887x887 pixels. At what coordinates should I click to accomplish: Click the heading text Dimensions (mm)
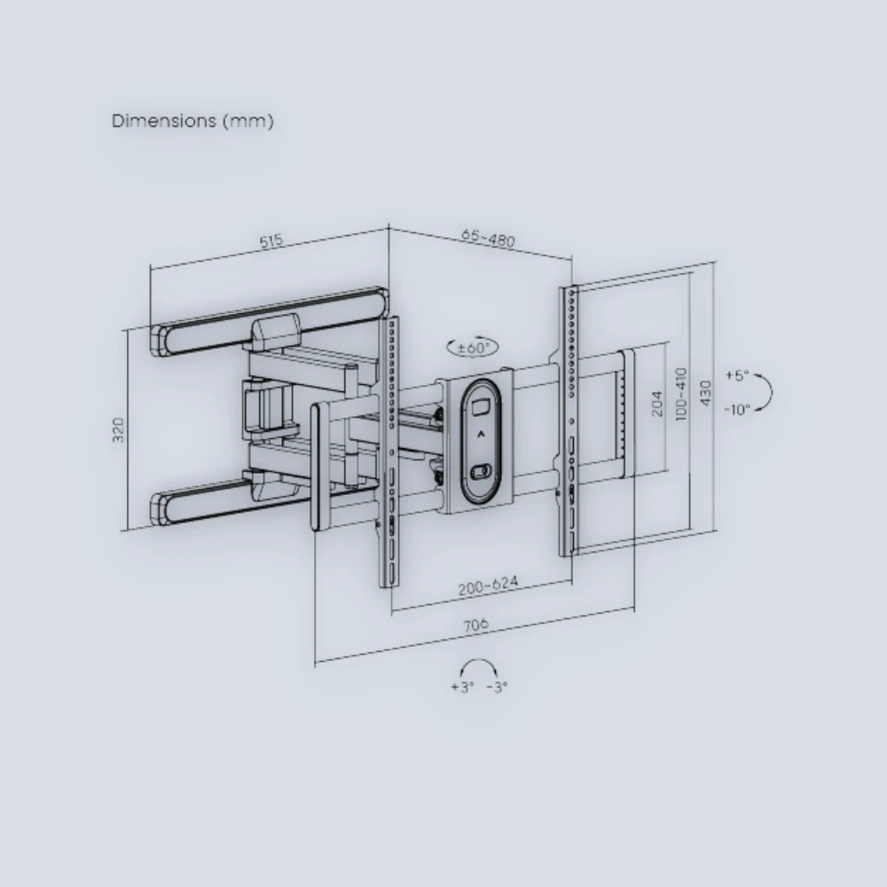192,121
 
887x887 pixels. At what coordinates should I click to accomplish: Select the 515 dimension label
271,241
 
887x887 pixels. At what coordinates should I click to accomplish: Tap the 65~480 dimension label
488,238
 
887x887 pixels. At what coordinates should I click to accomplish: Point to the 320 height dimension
118,430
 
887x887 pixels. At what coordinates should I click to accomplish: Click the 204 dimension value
656,404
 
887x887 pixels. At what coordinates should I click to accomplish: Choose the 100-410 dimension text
681,394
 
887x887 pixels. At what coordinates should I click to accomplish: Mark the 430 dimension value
705,393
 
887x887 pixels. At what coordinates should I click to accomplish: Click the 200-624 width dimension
488,585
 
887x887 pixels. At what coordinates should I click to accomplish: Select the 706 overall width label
475,625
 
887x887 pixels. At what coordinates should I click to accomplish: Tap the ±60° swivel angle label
474,348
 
